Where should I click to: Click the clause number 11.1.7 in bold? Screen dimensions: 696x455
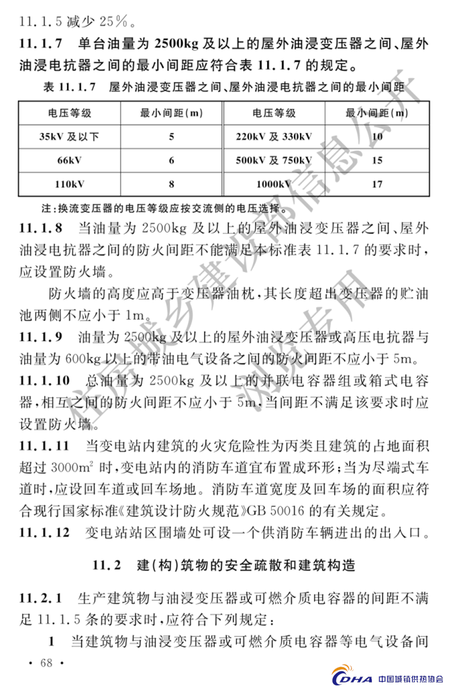click(x=41, y=46)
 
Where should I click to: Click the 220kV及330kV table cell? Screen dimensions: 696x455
click(x=274, y=137)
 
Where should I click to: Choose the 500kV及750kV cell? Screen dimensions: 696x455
click(x=274, y=160)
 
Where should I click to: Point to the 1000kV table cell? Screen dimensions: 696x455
click(x=274, y=183)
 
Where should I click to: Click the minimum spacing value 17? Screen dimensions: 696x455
click(x=376, y=183)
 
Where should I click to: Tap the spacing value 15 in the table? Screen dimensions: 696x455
click(x=376, y=160)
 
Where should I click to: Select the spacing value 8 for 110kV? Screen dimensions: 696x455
click(x=171, y=183)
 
